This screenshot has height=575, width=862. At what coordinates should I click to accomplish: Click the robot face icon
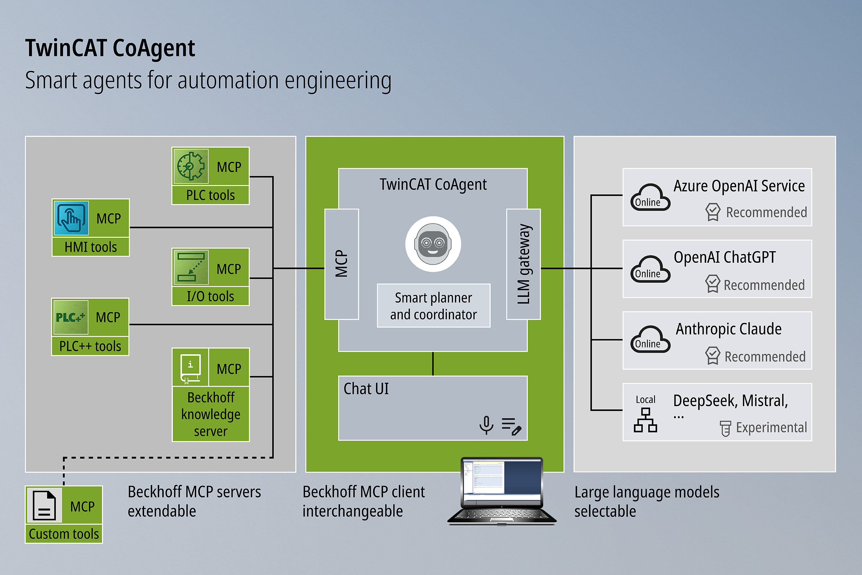(433, 244)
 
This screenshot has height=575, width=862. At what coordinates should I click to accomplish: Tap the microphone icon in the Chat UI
(486, 425)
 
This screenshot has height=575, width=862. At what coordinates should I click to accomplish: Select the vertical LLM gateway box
(523, 264)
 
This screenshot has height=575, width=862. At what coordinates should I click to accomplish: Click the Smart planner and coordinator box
(434, 306)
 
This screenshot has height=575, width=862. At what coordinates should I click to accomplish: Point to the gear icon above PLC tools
(191, 166)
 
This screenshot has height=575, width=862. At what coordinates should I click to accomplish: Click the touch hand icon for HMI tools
(71, 218)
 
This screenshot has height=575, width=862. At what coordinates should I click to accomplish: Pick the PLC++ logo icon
(70, 317)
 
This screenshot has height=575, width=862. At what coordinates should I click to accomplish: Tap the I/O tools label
(210, 296)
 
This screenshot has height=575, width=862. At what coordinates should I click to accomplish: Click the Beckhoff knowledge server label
(211, 414)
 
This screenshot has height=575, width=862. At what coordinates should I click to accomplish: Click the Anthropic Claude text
(729, 329)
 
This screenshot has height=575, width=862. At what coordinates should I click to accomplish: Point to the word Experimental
(771, 428)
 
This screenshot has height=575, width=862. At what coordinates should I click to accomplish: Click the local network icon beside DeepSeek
(645, 420)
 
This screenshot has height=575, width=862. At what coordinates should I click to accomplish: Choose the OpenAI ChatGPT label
(724, 257)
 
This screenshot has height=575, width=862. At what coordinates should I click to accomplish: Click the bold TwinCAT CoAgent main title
(110, 49)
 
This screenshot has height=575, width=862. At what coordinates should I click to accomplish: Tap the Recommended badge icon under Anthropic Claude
(713, 355)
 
